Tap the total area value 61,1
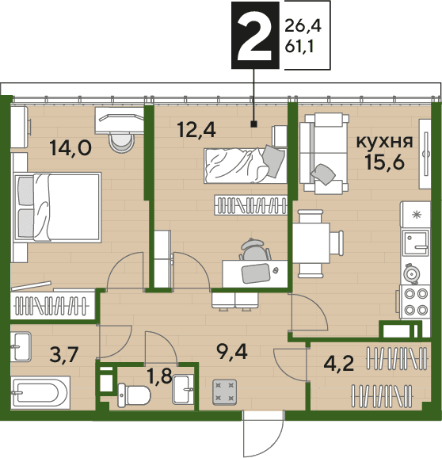coord(299,47)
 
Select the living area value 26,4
coord(303,25)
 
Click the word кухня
coord(385,142)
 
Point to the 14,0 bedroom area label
coord(70,148)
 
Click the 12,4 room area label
coord(196,130)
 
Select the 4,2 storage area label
coord(339,364)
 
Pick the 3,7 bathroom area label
coord(63,355)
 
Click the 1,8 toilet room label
coord(160,376)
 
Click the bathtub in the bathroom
coord(40,392)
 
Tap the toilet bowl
coord(134,395)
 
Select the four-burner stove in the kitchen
coord(414,301)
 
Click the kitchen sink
coord(416,242)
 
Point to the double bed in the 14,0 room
coord(58,208)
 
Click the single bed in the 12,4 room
coord(246,166)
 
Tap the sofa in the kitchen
coord(324,154)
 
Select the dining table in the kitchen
coord(311,243)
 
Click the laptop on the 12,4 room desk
coord(255,273)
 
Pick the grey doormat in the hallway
coord(224,392)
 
